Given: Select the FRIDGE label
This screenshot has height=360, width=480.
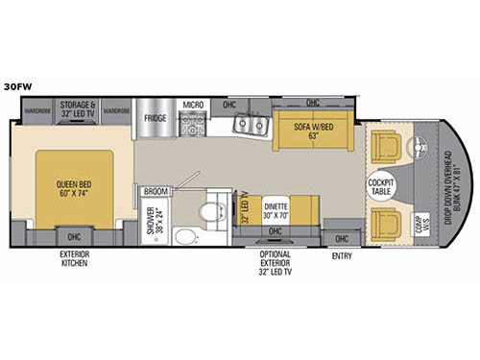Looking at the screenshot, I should click(x=156, y=120).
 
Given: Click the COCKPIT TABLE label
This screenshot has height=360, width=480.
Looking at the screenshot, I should click(x=381, y=184).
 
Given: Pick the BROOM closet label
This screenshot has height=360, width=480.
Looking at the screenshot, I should click(x=155, y=191).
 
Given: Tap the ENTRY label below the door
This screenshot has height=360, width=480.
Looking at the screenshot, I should click(x=341, y=256).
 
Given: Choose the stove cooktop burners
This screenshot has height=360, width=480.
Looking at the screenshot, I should click(x=193, y=123).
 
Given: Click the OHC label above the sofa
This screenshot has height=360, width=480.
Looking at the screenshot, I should click(x=312, y=103).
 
